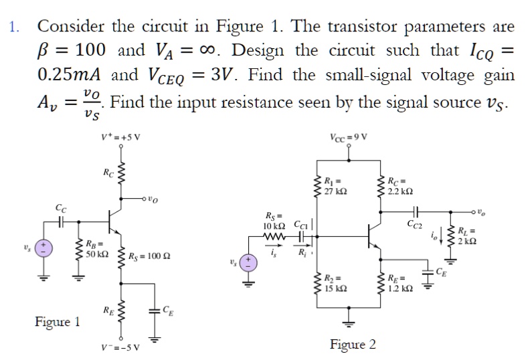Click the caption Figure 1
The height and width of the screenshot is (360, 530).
pos(57,322)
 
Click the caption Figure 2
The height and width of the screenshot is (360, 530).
pos(353,345)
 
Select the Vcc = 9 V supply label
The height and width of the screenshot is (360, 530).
pos(349,138)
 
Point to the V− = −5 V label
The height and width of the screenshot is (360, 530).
pos(121,347)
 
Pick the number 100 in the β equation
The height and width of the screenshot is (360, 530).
pos(89,51)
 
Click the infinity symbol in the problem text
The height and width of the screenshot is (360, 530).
pos(209,51)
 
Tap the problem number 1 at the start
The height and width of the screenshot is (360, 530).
pos(13,27)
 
